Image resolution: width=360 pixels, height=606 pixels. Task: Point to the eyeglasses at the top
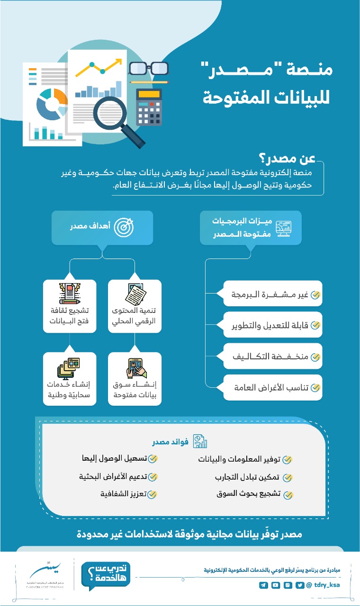148,69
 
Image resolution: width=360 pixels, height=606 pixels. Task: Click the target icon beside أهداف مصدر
124,228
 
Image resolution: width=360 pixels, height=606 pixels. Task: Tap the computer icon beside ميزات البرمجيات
283,228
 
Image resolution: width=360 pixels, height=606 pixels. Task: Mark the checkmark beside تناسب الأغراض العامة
315,388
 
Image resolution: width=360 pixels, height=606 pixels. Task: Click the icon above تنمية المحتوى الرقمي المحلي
135,294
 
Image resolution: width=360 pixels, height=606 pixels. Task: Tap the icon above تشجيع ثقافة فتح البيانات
70,294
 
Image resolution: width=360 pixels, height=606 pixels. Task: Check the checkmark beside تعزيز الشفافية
152,494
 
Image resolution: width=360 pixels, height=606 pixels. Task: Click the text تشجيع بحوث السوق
249,494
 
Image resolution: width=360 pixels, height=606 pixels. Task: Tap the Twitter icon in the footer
300,585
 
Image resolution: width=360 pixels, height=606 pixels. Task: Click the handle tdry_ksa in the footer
327,585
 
